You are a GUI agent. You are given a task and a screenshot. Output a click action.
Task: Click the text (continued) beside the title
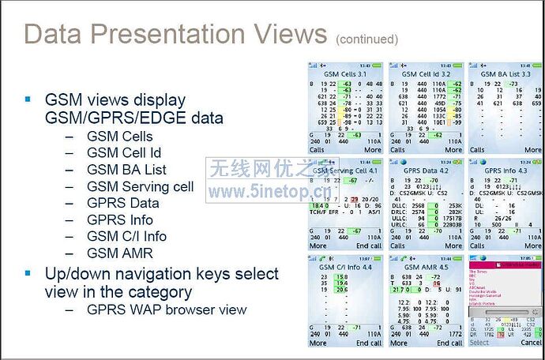pyautogui.click(x=366, y=39)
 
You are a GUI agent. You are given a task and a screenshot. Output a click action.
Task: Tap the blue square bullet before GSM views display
pyautogui.click(x=28, y=99)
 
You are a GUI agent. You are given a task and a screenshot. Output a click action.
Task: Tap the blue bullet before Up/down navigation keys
pyautogui.click(x=28, y=273)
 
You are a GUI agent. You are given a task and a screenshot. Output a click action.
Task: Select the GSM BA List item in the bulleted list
pyautogui.click(x=126, y=170)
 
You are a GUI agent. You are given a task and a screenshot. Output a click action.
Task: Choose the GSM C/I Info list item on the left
pyautogui.click(x=126, y=236)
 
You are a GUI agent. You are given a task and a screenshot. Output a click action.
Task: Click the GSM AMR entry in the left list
pyautogui.click(x=121, y=253)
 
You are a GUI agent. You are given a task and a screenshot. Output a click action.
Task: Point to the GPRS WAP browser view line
pyautogui.click(x=167, y=309)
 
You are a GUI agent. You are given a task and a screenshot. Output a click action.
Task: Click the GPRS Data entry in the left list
pyautogui.click(x=122, y=203)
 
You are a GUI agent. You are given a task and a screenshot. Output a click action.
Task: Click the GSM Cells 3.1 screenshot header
pyautogui.click(x=346, y=73)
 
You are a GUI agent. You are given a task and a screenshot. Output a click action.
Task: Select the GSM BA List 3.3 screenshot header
pyautogui.click(x=505, y=73)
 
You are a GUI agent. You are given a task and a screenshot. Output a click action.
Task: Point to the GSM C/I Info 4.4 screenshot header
pyautogui.click(x=346, y=267)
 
